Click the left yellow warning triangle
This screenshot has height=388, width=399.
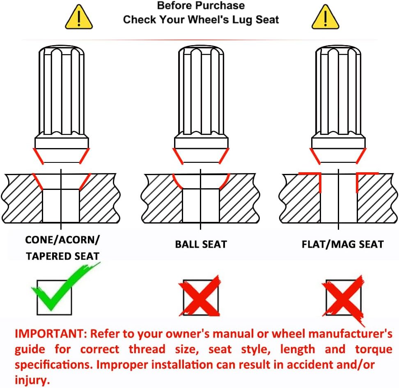click(79, 18)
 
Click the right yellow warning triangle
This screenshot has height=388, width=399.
click(326, 18)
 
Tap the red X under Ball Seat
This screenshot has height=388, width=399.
click(200, 295)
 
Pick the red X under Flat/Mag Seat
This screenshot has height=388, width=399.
click(344, 297)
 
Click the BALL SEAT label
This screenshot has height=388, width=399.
click(201, 244)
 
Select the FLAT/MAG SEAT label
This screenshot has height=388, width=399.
click(342, 244)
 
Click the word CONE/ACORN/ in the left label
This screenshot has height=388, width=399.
click(62, 240)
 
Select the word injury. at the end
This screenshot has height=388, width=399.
click(32, 380)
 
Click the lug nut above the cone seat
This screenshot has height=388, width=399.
click(62, 105)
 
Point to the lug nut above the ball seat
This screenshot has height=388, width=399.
click(201, 105)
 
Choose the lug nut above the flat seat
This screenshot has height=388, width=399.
click(338, 105)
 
